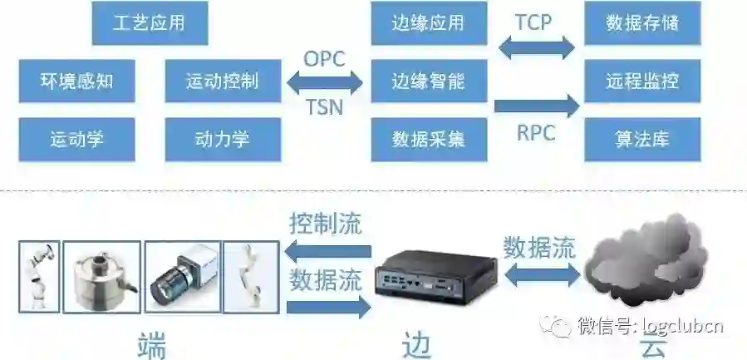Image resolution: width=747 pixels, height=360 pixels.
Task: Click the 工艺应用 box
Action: tap(150, 23)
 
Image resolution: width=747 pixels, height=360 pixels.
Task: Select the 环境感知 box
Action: tap(76, 81)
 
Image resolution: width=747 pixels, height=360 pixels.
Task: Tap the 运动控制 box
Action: tap(223, 81)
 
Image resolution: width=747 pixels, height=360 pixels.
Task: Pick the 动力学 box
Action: tap(223, 139)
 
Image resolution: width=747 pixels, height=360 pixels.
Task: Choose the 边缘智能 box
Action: tap(428, 81)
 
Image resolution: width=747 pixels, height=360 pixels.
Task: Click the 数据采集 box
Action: tap(428, 139)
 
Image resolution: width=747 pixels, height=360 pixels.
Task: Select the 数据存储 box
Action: tap(642, 23)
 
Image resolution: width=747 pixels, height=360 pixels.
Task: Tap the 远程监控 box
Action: tap(642, 81)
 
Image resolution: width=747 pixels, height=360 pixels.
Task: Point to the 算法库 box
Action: tap(642, 139)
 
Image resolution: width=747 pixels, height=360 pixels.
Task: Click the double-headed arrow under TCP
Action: tap(536, 47)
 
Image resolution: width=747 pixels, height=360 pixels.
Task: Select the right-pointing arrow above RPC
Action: tap(536, 106)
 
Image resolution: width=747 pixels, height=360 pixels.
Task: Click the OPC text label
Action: tap(324, 59)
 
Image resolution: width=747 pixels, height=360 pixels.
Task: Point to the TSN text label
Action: tap(324, 106)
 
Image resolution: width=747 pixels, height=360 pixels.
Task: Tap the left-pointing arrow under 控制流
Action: tap(327, 251)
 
